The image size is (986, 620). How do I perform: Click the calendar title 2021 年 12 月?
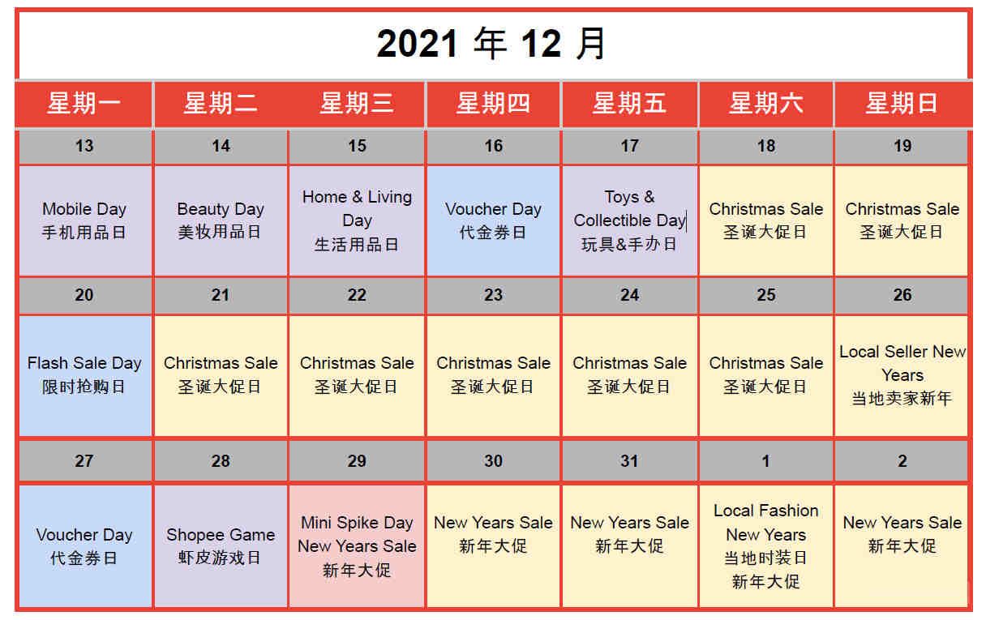click(491, 43)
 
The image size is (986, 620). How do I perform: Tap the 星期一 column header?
click(84, 104)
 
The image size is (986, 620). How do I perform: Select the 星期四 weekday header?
click(493, 104)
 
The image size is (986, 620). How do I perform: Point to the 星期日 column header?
click(902, 104)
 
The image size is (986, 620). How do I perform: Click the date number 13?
click(84, 146)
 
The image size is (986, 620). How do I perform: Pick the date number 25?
click(766, 295)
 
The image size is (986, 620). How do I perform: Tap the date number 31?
click(629, 461)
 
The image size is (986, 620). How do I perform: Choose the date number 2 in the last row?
click(902, 461)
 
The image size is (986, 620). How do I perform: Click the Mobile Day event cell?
click(85, 220)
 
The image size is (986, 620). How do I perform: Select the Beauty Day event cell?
click(221, 220)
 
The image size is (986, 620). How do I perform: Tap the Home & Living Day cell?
click(357, 220)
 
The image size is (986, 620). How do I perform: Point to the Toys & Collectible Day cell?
click(629, 220)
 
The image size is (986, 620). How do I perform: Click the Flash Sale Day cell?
click(85, 376)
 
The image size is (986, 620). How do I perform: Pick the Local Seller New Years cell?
click(901, 376)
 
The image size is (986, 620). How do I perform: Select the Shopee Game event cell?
click(221, 546)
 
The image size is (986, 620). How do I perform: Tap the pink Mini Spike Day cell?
click(357, 546)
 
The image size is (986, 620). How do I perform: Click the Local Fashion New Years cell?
click(766, 546)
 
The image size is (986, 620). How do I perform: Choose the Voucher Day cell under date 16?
click(493, 220)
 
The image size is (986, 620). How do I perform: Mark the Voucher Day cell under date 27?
click(85, 546)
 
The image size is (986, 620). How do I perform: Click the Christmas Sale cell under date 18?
click(766, 220)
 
